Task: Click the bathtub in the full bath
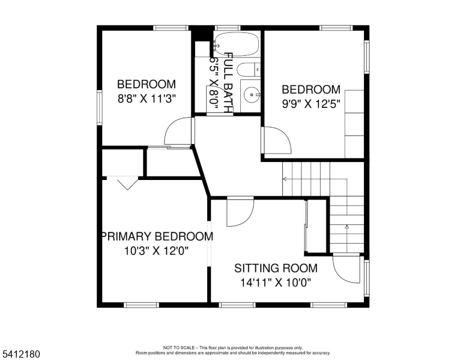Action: (236, 44)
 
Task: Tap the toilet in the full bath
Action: (249, 70)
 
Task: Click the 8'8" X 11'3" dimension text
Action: (147, 98)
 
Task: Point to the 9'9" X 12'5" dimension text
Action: (311, 104)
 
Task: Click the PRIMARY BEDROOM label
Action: (157, 236)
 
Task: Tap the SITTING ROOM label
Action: (276, 268)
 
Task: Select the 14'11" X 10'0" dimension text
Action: (276, 283)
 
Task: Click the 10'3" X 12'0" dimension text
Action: (156, 251)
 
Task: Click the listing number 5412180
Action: (21, 354)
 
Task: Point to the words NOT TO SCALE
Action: (178, 347)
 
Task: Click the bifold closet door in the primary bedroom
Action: (127, 184)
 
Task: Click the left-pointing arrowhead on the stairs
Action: (285, 179)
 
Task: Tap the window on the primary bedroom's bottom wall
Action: (141, 305)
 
